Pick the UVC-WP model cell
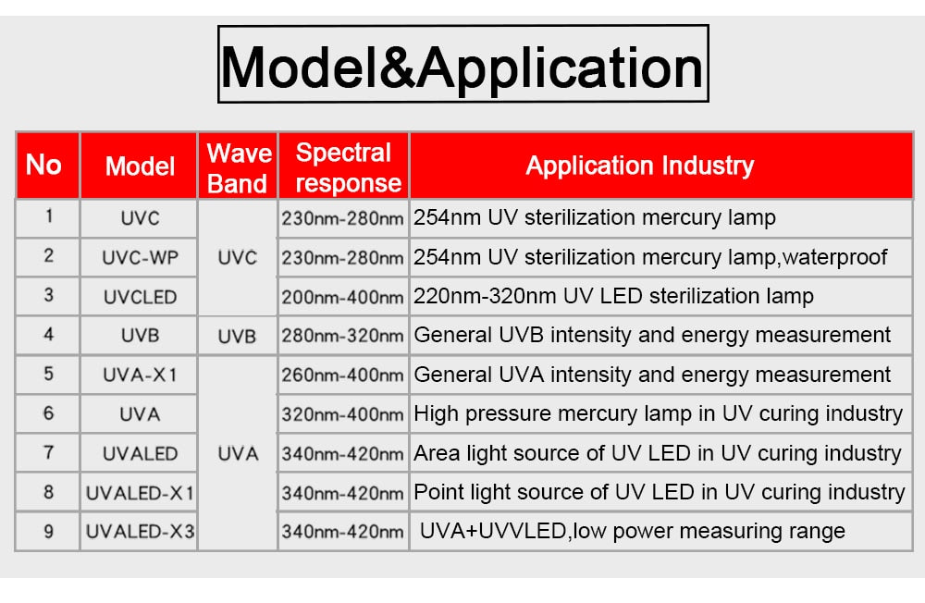(140, 258)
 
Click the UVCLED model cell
(140, 297)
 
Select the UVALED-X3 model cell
(140, 532)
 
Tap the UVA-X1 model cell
(140, 375)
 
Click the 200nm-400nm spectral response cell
(342, 297)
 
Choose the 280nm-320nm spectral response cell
(342, 335)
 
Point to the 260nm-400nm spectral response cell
(342, 375)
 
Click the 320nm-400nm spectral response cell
(342, 414)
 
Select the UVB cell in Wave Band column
(237, 336)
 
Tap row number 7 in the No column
(49, 452)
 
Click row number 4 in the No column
(49, 335)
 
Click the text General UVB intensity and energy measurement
(652, 335)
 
